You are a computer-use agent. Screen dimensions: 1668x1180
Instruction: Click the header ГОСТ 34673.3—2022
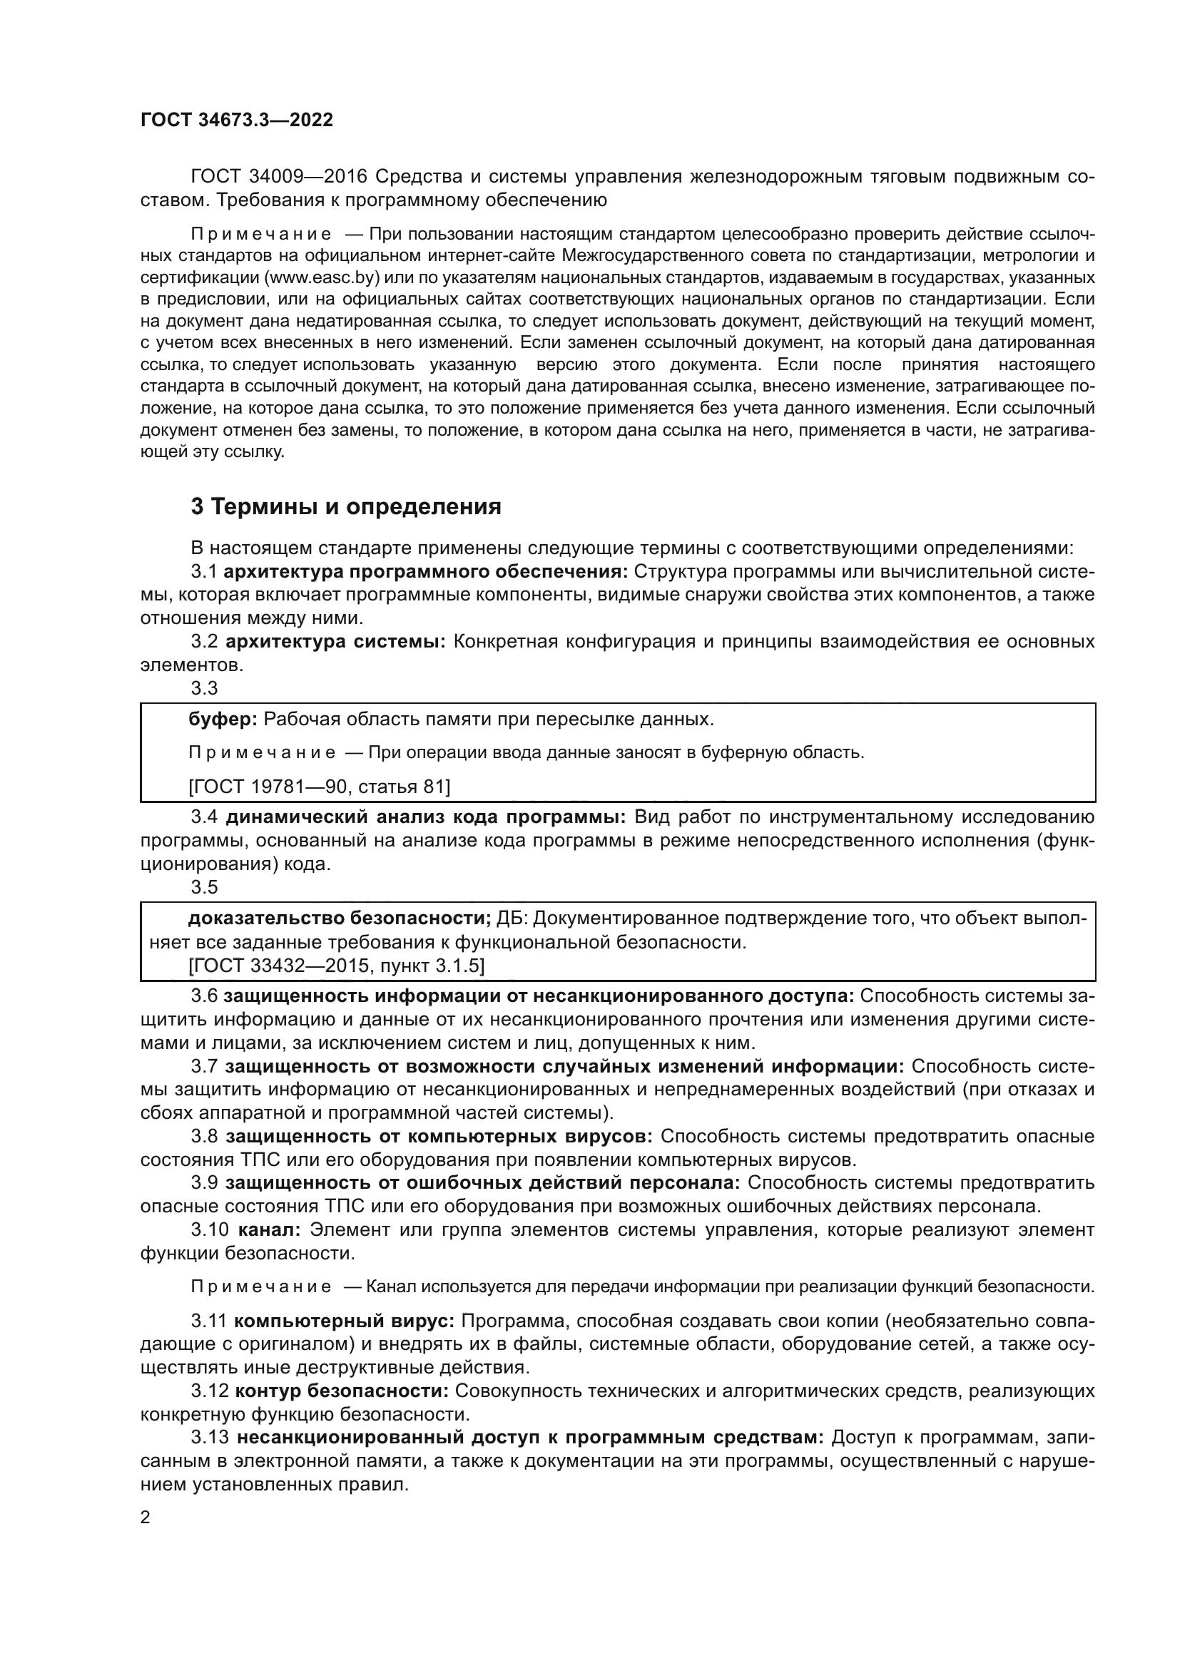(x=237, y=121)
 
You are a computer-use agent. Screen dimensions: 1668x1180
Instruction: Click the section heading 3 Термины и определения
(x=346, y=506)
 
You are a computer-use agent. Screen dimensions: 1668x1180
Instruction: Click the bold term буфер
(x=223, y=720)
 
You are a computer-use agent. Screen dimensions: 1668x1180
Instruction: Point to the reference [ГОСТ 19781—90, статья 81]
(x=319, y=786)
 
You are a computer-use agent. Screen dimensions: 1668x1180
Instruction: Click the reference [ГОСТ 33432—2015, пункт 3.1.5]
(x=336, y=966)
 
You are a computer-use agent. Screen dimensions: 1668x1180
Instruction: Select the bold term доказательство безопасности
(x=340, y=919)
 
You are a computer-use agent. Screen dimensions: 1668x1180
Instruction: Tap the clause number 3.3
(x=204, y=687)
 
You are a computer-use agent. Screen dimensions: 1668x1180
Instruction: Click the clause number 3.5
(x=204, y=886)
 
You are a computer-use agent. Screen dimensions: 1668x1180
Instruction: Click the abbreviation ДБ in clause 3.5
(x=514, y=919)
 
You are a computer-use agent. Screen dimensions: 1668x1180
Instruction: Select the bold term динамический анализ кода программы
(x=425, y=817)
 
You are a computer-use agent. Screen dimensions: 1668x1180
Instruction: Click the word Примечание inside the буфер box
(x=262, y=752)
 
